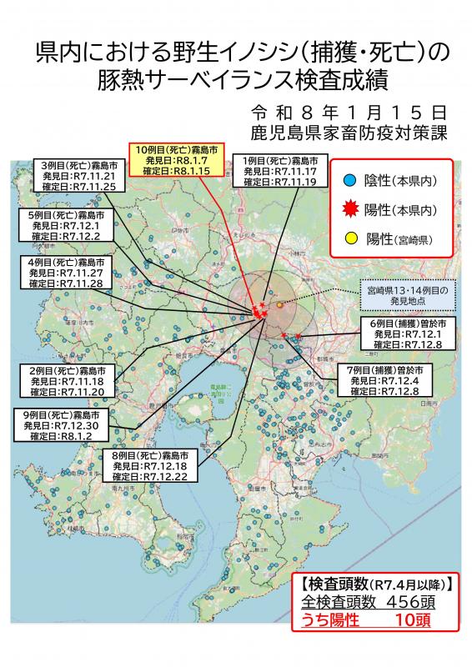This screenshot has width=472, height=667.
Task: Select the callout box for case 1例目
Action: click(279, 171)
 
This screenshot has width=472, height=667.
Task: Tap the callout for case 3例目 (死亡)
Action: click(79, 176)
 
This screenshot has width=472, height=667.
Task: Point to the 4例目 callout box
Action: click(65, 273)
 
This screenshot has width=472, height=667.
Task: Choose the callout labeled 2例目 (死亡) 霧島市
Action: click(67, 381)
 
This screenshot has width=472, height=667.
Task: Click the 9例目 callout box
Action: click(63, 425)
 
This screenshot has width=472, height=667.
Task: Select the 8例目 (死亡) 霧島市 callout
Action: click(155, 466)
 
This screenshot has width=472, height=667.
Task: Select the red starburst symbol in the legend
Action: click(351, 209)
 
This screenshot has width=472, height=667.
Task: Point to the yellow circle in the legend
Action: click(351, 239)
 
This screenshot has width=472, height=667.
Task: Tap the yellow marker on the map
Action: click(279, 306)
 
